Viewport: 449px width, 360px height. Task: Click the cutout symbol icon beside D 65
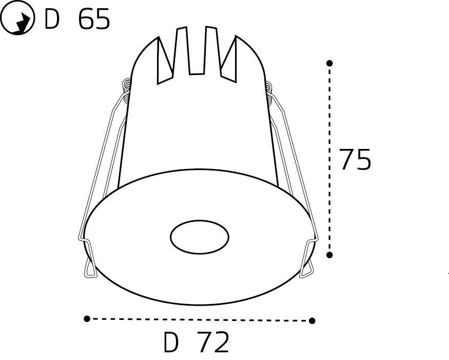[x=17, y=20]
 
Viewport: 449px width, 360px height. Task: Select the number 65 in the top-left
[x=94, y=20]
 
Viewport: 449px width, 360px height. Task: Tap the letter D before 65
[x=52, y=20]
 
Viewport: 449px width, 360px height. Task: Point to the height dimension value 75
[x=355, y=160]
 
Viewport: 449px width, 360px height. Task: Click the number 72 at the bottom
[x=212, y=343]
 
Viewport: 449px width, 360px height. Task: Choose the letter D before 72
[x=170, y=343]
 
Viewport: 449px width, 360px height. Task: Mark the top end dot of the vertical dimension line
[x=330, y=63]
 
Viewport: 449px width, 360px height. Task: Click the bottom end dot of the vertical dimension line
[x=330, y=254]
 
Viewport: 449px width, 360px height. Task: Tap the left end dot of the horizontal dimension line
[x=87, y=318]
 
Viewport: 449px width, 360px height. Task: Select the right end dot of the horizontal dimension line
[x=312, y=320]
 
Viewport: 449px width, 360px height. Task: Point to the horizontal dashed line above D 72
[x=200, y=319]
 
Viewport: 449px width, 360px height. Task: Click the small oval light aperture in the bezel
[x=199, y=237]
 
